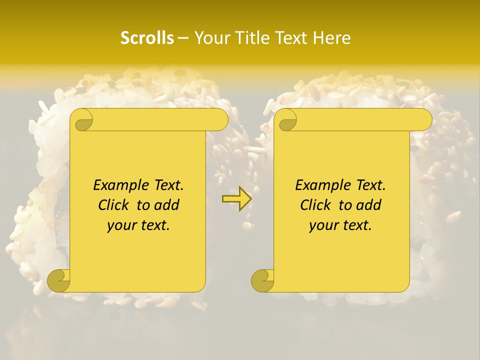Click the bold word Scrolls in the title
coord(147,38)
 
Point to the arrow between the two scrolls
coord(236,199)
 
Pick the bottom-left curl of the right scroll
coord(263,281)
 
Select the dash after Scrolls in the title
coord(183,38)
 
